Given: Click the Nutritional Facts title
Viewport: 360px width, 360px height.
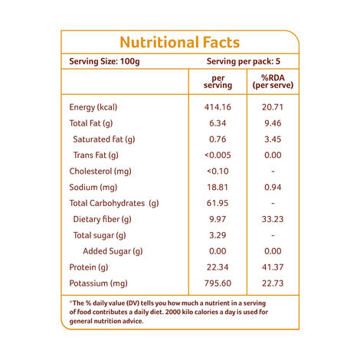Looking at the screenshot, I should tap(180, 43).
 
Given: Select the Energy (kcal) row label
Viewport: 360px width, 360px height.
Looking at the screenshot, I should tap(97, 107).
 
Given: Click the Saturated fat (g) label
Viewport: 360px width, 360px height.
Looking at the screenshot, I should tap(104, 139).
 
